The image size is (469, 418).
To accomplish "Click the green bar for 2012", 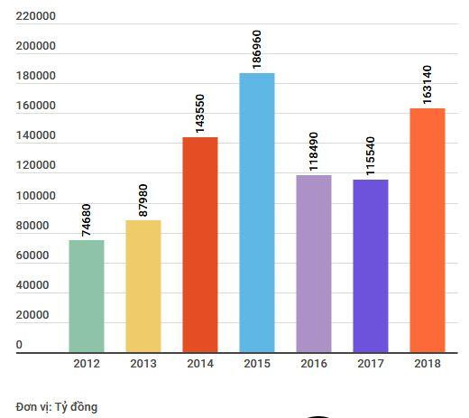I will pyautogui.click(x=86, y=296).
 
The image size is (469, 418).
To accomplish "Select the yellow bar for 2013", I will pyautogui.click(x=143, y=286).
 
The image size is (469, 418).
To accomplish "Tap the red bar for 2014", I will pyautogui.click(x=199, y=245).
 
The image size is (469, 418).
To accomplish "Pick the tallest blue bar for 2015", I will pyautogui.click(x=256, y=212).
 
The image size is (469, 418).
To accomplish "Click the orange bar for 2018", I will pyautogui.click(x=427, y=230).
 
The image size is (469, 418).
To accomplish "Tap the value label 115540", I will pyautogui.click(x=371, y=153).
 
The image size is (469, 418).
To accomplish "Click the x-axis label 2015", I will pyautogui.click(x=256, y=364).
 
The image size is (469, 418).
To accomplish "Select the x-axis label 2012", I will pyautogui.click(x=86, y=364).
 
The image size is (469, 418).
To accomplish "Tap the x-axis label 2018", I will pyautogui.click(x=427, y=364).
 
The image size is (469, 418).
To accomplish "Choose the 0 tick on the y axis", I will pyautogui.click(x=19, y=346).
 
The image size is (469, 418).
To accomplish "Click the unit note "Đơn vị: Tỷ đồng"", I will pyautogui.click(x=57, y=407).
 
